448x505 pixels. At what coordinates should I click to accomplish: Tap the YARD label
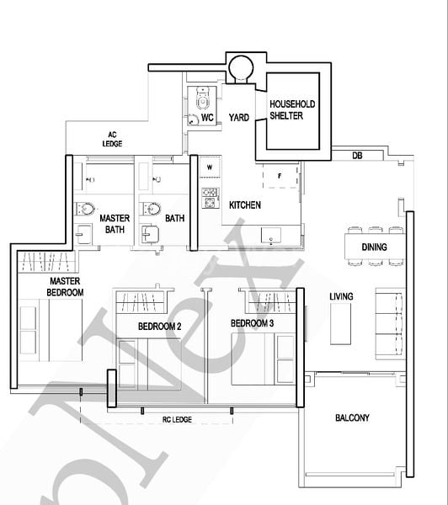coord(239,118)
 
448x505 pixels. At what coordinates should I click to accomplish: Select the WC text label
coord(207,118)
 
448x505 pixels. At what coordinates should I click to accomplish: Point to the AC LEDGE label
coord(111,139)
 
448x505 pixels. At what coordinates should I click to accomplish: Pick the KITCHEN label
coord(245,205)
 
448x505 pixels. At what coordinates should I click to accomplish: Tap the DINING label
coord(374,247)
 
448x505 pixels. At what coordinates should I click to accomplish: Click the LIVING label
coord(341,296)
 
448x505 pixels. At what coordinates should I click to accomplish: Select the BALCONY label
coord(351,417)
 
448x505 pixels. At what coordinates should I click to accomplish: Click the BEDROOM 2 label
coord(159,326)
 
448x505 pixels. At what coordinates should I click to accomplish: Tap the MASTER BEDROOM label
coord(66,286)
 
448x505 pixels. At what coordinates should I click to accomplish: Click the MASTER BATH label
coord(115,223)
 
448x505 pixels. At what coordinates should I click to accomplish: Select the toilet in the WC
coord(202,100)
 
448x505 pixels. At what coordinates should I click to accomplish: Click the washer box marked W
coord(209,167)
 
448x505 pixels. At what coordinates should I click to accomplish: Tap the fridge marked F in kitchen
coord(279,175)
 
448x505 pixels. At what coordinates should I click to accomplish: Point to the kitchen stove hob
coord(210,199)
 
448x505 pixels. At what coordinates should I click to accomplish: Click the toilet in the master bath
coord(85,210)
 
